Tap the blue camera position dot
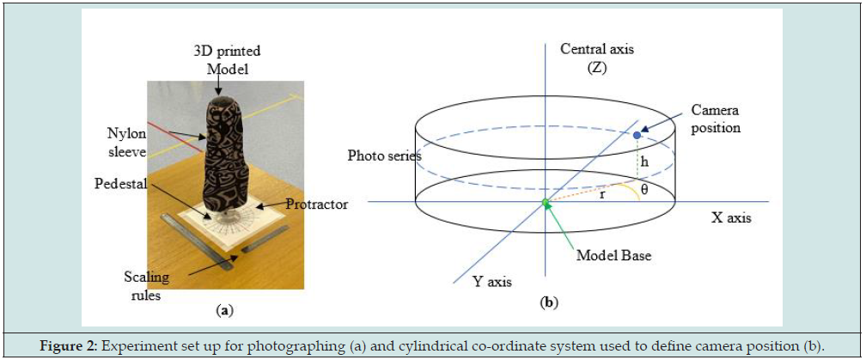coord(636,136)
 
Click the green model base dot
coord(544,203)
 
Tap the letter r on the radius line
coord(602,194)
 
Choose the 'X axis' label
coord(730,217)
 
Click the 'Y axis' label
coord(493,279)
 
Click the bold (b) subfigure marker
coord(546,302)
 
